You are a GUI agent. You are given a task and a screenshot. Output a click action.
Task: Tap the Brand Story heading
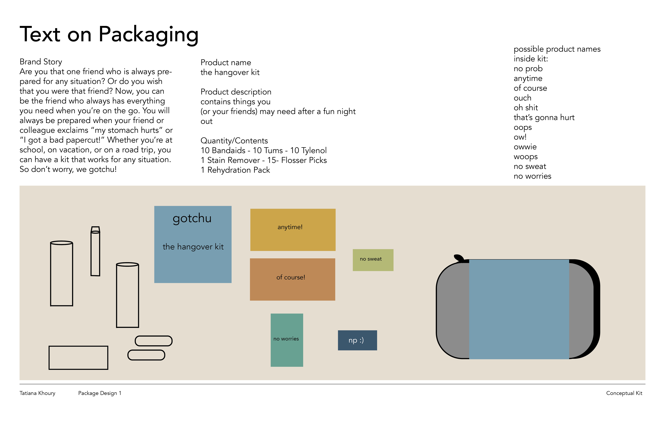click(x=41, y=62)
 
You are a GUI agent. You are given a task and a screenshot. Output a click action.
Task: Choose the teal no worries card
click(x=287, y=340)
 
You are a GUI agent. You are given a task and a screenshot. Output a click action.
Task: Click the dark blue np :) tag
click(x=357, y=340)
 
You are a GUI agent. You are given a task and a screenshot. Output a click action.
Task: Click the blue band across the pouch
click(x=519, y=309)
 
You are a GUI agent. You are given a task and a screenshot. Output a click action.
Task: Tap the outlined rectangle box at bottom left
click(x=78, y=358)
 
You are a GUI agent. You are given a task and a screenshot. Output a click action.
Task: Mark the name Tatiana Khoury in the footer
click(x=37, y=393)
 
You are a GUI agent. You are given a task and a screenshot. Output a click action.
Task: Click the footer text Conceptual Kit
click(x=624, y=393)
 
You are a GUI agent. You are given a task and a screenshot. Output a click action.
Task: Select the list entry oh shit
click(x=526, y=108)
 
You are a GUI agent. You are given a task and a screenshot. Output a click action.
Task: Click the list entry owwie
click(x=525, y=147)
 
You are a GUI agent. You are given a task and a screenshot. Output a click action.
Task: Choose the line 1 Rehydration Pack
click(x=235, y=170)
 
